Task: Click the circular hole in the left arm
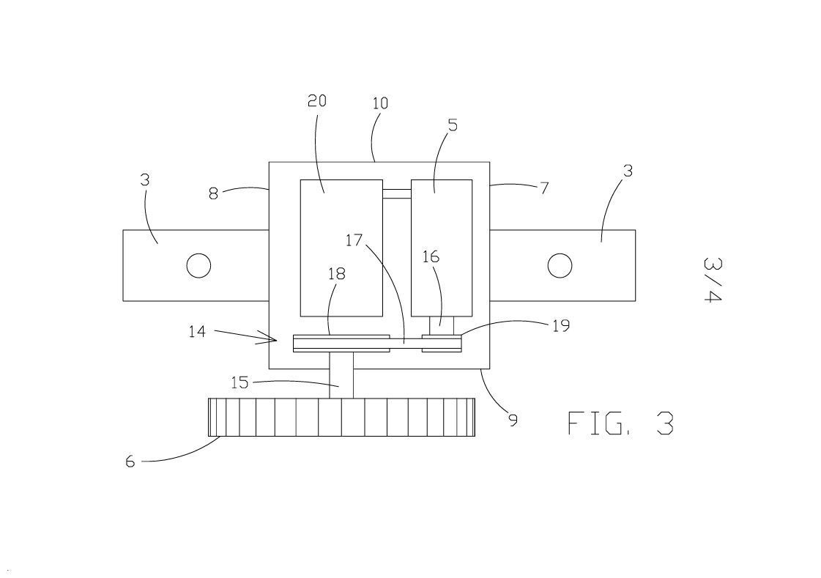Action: click(x=198, y=265)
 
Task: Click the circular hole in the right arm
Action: click(x=560, y=265)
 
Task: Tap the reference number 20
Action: click(x=317, y=100)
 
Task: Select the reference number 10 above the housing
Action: click(x=381, y=103)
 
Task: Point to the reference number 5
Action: click(x=453, y=125)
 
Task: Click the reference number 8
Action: click(x=213, y=193)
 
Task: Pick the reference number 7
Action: click(x=545, y=188)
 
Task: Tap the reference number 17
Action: click(x=354, y=240)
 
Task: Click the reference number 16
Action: click(x=431, y=256)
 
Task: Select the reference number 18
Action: click(x=337, y=273)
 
